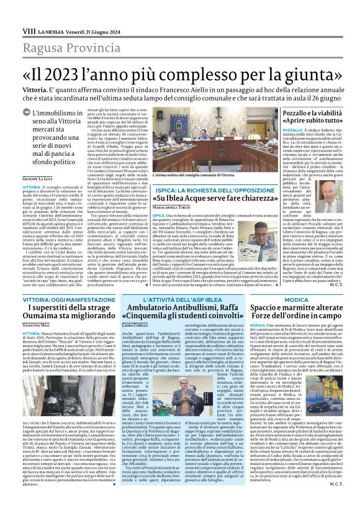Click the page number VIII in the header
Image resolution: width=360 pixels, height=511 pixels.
(x=28, y=12)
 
